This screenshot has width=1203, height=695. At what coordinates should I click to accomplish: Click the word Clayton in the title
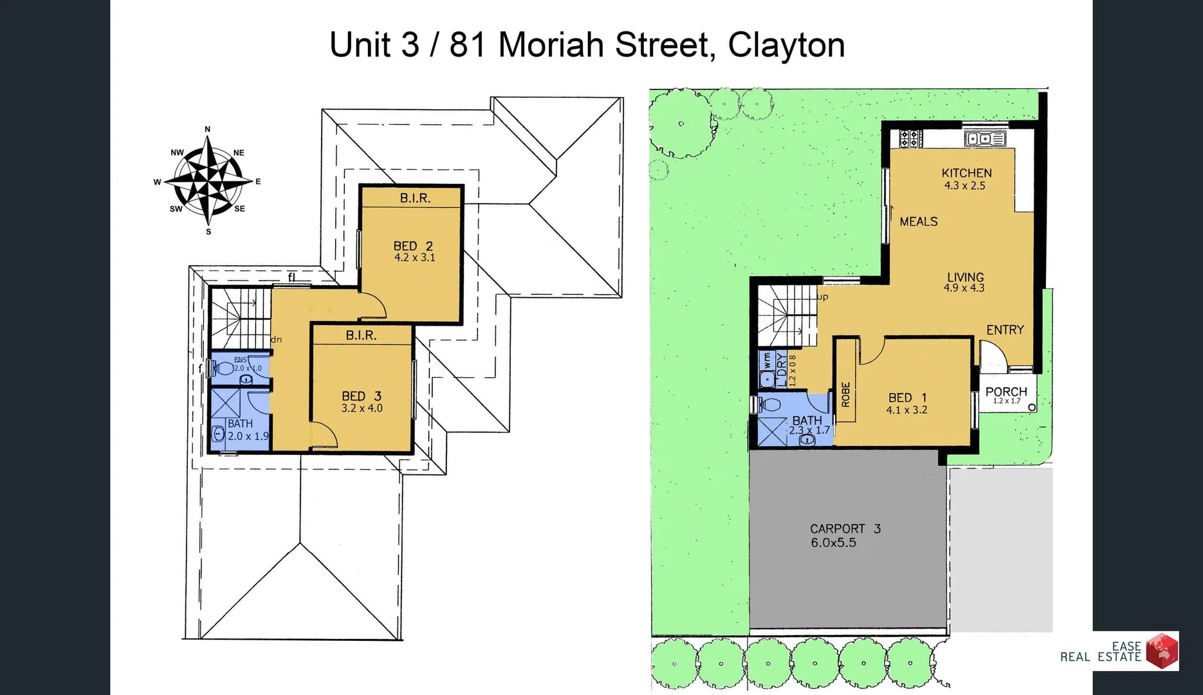coord(786,45)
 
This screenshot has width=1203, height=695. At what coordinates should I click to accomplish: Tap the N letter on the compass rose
coord(207,129)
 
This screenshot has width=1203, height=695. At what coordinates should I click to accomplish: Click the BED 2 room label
coord(413,246)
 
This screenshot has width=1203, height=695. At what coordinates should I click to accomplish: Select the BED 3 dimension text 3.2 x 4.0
coord(362,408)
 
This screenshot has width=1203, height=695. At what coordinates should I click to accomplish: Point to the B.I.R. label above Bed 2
coord(415,198)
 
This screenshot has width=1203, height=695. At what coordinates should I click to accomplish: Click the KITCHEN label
coord(966,173)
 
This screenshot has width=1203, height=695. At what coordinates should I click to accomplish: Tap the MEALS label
coord(918,221)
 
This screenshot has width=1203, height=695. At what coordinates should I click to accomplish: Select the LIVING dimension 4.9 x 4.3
coord(964,288)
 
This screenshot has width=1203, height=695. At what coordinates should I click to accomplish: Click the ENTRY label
coord(1005,330)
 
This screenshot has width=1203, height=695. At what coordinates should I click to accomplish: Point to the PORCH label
coord(1006,391)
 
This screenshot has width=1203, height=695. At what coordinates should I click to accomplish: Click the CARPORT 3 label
coord(845,529)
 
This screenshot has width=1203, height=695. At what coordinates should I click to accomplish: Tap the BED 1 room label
coord(907,398)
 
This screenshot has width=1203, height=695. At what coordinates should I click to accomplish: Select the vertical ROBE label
coord(845,394)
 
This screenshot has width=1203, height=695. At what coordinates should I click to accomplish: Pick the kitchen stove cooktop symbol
coord(910,138)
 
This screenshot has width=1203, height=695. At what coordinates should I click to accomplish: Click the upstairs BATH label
coord(240,423)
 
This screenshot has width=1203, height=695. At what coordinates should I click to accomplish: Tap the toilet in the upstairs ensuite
coord(223,369)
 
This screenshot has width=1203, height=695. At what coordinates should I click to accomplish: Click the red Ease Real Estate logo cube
coord(1162,650)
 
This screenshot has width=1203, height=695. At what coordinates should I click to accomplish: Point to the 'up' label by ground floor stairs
coord(823,297)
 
